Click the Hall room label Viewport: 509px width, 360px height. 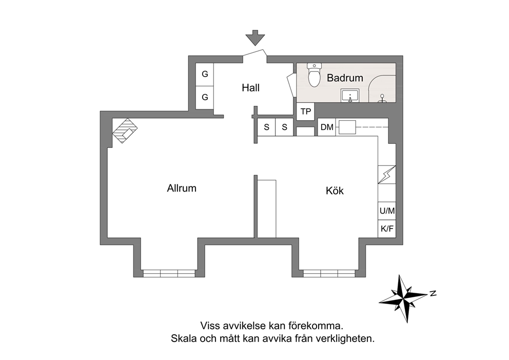click(x=250, y=88)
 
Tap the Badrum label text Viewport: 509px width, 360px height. click(x=345, y=78)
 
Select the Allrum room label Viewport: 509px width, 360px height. click(x=182, y=188)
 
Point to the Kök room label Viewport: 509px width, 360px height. click(x=335, y=191)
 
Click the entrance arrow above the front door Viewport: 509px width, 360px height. click(x=256, y=37)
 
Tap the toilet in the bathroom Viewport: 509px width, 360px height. click(x=314, y=75)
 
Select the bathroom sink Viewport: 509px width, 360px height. click(x=350, y=96)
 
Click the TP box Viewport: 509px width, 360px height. click(x=306, y=111)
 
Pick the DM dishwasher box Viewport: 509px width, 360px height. click(x=326, y=127)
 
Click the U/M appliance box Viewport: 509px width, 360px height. click(x=387, y=211)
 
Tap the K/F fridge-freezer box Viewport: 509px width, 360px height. click(x=387, y=229)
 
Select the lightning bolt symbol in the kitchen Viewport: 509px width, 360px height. click(x=387, y=175)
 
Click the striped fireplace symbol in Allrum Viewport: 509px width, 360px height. click(x=125, y=130)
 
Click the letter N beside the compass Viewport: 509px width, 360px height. click(x=433, y=294)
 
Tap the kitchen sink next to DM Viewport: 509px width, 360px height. click(x=347, y=127)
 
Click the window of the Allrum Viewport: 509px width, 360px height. click(x=169, y=273)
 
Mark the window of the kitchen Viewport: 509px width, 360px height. click(x=329, y=273)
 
